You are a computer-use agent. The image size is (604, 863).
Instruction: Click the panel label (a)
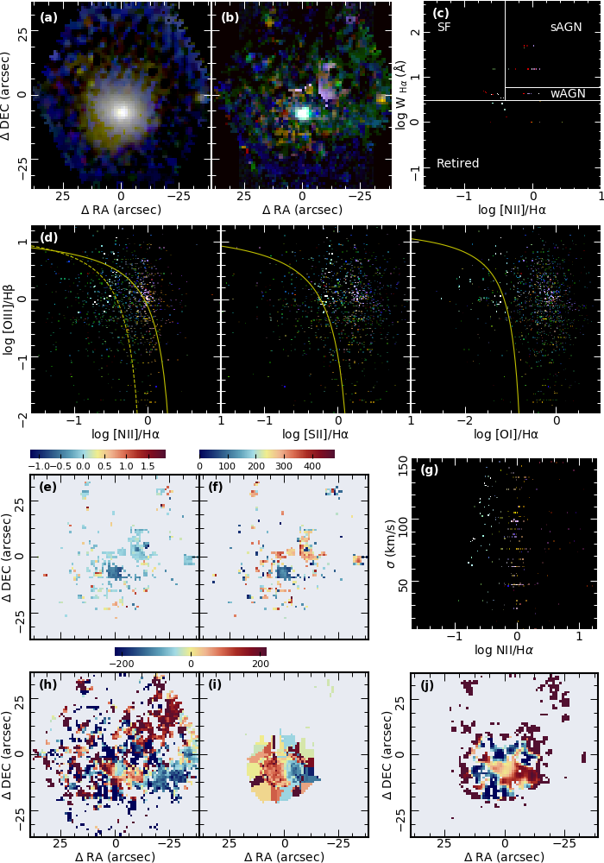click(x=48, y=16)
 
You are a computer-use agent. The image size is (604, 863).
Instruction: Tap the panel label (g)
click(x=429, y=470)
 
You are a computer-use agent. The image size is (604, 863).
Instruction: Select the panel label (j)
click(x=427, y=686)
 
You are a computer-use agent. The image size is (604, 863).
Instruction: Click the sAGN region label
click(x=566, y=27)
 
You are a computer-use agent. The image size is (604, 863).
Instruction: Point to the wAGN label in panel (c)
click(x=568, y=92)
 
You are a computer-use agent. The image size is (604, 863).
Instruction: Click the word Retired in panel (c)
click(x=457, y=163)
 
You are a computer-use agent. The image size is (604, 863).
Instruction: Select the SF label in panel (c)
click(x=444, y=27)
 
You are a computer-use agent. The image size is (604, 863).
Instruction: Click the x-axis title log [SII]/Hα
click(x=316, y=434)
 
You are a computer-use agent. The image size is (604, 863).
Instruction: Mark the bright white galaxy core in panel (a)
click(x=122, y=110)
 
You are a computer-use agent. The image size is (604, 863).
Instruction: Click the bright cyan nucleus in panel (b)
click(x=303, y=112)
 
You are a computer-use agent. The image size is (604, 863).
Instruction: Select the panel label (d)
click(x=48, y=236)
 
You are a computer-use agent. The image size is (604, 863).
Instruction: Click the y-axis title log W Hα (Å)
click(x=401, y=94)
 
